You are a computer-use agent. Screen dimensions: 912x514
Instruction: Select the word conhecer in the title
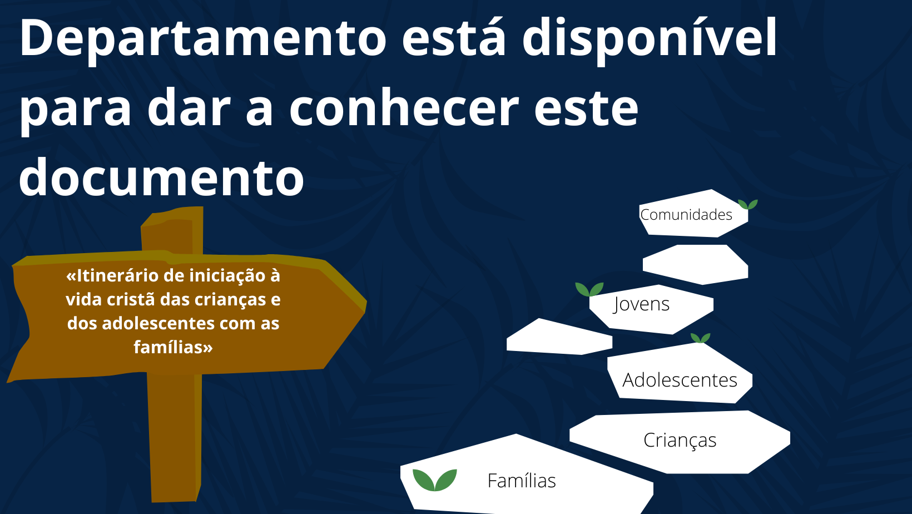[x=404, y=107]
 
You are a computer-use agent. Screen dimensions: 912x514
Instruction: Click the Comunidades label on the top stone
[x=686, y=215]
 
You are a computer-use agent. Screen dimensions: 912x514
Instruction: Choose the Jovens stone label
[x=641, y=304]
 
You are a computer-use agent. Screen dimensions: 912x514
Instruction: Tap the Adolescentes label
[x=680, y=380]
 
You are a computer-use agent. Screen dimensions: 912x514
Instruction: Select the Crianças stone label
[x=680, y=441]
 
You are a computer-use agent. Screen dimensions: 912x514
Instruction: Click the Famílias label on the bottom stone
[x=522, y=481]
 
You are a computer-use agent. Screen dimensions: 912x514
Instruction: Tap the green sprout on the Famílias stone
[x=434, y=480]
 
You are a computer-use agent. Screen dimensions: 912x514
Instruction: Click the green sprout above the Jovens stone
[x=589, y=289]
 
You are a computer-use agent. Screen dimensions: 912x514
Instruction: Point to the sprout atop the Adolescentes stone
[x=700, y=338]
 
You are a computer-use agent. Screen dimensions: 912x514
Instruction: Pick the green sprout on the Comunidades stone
[x=748, y=204]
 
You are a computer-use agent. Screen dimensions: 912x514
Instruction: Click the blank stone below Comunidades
[x=695, y=264]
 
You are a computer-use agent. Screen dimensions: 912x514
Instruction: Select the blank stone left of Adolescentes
[x=559, y=337]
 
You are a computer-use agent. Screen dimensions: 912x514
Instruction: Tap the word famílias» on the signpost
[x=173, y=348]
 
